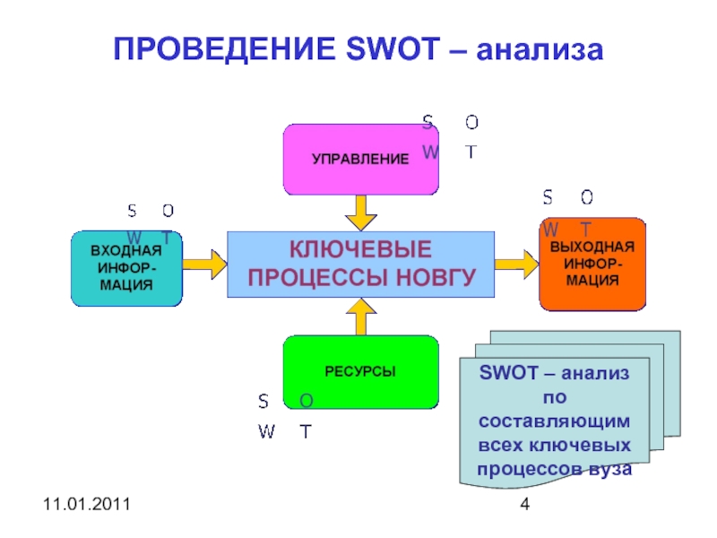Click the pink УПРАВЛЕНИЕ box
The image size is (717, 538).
[360, 160]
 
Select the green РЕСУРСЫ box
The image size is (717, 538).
[360, 371]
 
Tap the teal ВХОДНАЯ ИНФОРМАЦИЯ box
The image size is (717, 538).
[126, 268]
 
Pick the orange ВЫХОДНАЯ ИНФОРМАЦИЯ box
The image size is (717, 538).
[592, 265]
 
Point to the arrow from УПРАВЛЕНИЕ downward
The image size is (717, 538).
[361, 213]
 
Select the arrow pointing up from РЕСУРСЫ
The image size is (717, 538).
[361, 317]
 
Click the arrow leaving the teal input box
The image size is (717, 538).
[205, 264]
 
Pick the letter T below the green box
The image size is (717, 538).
[306, 431]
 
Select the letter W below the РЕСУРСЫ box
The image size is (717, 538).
[266, 431]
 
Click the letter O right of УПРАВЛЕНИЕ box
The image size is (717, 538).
[471, 122]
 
